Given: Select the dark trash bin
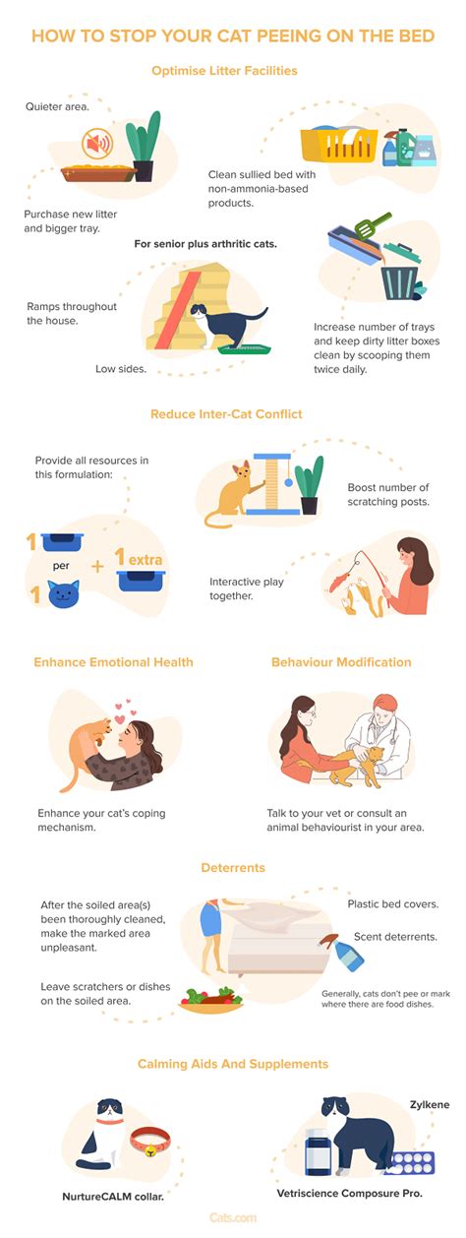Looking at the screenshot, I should [401, 277].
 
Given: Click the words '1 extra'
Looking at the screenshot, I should [139, 560].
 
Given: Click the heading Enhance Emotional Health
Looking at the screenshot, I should [113, 662].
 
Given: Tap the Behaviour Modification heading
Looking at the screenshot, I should [341, 662].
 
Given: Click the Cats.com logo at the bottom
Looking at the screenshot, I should [233, 1217].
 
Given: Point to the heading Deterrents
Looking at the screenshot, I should [233, 869].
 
